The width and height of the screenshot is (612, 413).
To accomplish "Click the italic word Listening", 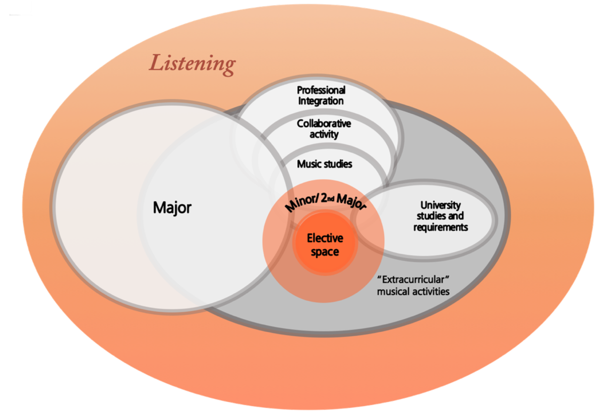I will (x=192, y=64).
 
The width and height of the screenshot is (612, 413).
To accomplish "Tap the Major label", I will (x=172, y=208).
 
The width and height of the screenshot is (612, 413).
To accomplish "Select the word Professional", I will (x=321, y=91).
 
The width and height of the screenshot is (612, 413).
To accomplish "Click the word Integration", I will (x=321, y=101).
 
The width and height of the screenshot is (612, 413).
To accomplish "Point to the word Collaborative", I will (x=324, y=123).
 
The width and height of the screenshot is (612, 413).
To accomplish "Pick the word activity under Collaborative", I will (x=324, y=134).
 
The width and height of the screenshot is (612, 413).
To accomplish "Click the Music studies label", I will (x=324, y=164).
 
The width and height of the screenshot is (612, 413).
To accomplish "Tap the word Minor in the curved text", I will (x=297, y=201).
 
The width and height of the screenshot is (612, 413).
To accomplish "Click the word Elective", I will (x=325, y=238).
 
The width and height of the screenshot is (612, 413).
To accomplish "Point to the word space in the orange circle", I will (x=325, y=251).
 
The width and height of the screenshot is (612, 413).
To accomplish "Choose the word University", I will (x=440, y=205).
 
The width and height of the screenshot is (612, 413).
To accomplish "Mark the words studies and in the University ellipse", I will (x=440, y=217).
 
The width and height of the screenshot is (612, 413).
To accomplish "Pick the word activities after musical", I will (x=431, y=291).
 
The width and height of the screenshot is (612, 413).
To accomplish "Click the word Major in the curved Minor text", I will (x=351, y=202).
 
